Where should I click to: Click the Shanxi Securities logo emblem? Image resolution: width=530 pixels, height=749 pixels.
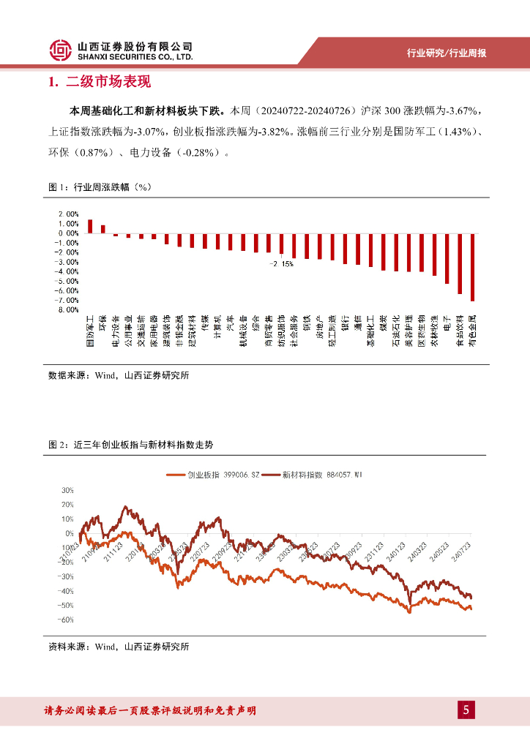[61, 50]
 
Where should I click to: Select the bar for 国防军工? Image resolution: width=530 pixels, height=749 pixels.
[90, 226]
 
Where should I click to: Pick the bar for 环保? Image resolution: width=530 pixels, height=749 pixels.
[102, 229]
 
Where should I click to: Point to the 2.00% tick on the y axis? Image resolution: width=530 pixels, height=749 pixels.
[70, 214]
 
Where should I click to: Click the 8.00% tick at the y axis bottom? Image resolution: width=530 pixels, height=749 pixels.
[70, 309]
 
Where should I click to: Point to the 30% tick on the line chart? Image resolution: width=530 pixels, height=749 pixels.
[67, 490]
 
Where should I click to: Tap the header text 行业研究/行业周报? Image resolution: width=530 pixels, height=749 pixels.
[447, 53]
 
